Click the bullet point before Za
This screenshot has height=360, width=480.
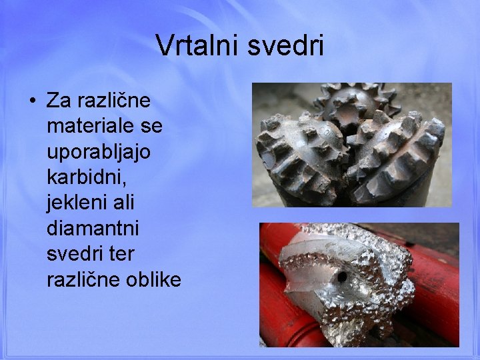click(x=31, y=102)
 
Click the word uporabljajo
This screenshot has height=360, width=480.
click(x=99, y=152)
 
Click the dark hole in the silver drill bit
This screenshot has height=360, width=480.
click(x=343, y=275)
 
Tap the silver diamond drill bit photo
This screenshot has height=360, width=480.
click(x=353, y=283)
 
